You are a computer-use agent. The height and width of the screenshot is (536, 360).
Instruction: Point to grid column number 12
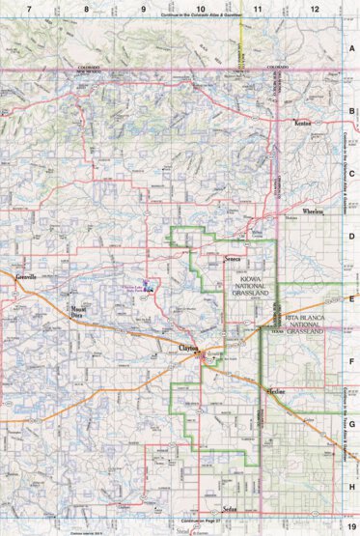(x=314, y=8)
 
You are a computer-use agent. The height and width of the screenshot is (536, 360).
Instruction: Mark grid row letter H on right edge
(x=353, y=485)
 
